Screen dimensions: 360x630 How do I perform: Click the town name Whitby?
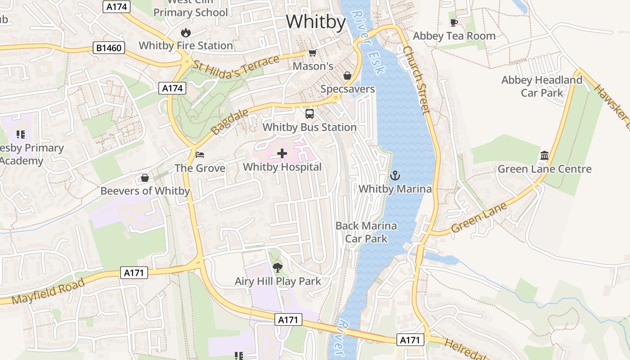tap(315, 22)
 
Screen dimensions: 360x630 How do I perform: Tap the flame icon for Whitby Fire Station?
tap(185, 32)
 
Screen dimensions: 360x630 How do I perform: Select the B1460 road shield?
tap(108, 48)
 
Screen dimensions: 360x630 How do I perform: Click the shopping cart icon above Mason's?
tap(312, 53)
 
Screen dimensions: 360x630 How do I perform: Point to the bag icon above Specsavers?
tap(347, 76)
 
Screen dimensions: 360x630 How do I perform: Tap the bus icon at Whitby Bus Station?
tap(310, 114)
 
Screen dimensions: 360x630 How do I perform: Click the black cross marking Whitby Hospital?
tap(282, 154)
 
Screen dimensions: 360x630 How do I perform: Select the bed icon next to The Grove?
tap(200, 155)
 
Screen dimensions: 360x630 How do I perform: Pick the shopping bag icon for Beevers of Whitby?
tap(145, 178)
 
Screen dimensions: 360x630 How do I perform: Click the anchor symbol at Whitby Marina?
tap(395, 175)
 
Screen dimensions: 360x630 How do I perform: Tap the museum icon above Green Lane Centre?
tap(544, 156)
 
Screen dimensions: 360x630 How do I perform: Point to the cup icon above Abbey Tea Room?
tap(454, 22)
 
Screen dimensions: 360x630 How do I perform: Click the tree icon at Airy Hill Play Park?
tap(278, 268)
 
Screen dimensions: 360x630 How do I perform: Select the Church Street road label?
tap(417, 80)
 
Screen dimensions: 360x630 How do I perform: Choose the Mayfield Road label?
tap(48, 292)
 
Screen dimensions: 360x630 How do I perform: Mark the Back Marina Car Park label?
tap(366, 232)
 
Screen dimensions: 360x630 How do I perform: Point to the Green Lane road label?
tap(479, 217)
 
